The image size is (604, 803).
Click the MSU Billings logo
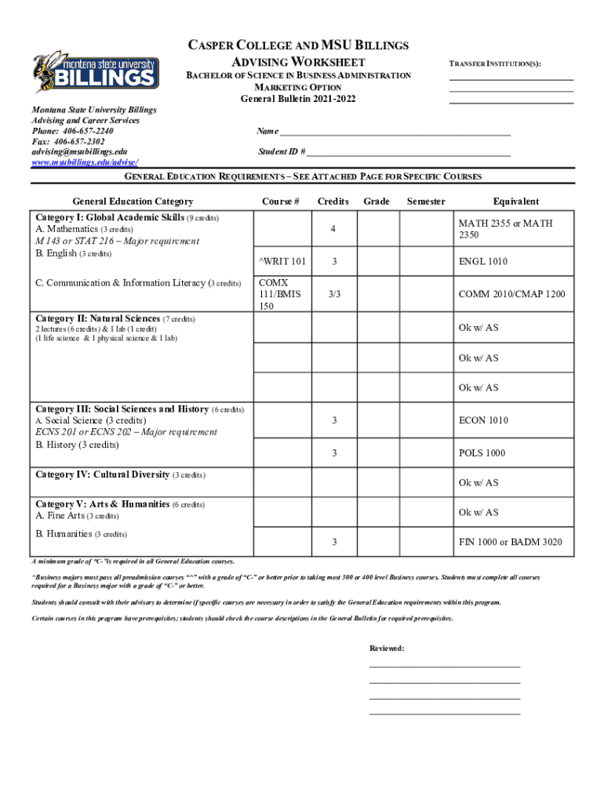pyautogui.click(x=96, y=71)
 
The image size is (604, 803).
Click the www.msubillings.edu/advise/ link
pyautogui.click(x=86, y=162)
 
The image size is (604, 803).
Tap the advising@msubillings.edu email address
pyautogui.click(x=79, y=151)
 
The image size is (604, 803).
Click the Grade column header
pyautogui.click(x=377, y=202)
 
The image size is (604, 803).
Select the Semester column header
pyautogui.click(x=426, y=202)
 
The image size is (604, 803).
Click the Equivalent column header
pyautogui.click(x=515, y=202)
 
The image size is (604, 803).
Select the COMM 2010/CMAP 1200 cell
pyautogui.click(x=511, y=294)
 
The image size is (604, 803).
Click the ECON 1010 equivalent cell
pyautogui.click(x=483, y=420)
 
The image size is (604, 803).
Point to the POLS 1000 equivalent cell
pyautogui.click(x=482, y=453)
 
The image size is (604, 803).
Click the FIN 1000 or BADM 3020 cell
pyautogui.click(x=510, y=543)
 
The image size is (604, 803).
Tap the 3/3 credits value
pyautogui.click(x=334, y=294)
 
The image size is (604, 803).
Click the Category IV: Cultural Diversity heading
pyautogui.click(x=103, y=475)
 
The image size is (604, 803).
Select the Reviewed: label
pyautogui.click(x=387, y=649)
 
